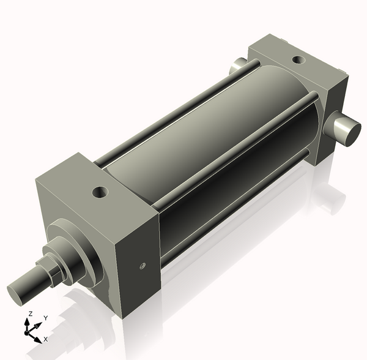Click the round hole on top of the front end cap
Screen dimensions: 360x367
pos(100,193)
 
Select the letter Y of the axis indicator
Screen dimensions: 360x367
pos(45,318)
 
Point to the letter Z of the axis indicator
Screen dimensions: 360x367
pos(30,314)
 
